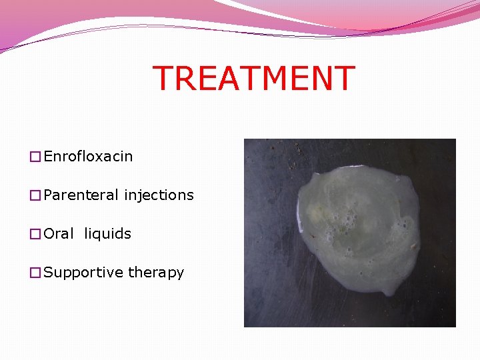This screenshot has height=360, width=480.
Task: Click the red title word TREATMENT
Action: click(253, 79)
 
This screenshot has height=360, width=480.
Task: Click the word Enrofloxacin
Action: click(88, 157)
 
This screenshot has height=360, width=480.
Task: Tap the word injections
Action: click(159, 195)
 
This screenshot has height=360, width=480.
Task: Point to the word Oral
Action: click(59, 234)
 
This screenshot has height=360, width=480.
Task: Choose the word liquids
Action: click(107, 234)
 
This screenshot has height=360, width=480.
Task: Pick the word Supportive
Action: click(83, 273)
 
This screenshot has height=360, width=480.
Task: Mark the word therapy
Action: click(156, 273)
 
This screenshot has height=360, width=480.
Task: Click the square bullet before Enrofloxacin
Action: click(35, 157)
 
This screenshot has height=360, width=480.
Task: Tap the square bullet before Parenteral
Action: click(35, 196)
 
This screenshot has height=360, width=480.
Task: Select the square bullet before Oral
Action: click(35, 235)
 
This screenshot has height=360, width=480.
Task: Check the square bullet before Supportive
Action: click(35, 273)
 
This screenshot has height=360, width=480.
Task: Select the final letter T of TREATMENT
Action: click(344, 79)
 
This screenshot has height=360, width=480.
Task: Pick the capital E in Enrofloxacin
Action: click(49, 157)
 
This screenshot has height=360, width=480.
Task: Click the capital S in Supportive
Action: click(49, 273)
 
